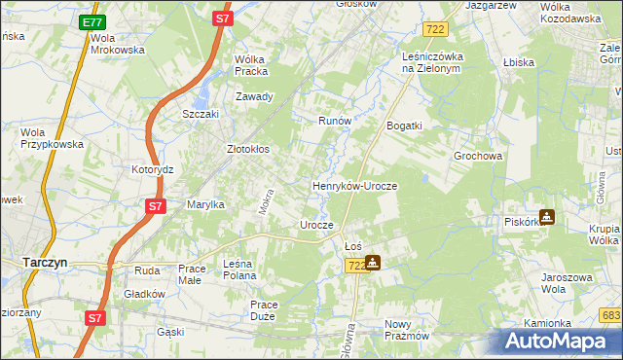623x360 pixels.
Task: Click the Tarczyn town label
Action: click(x=43, y=262)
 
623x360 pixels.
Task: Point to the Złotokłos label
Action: click(x=248, y=150)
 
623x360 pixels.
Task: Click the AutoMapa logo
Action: click(x=559, y=341)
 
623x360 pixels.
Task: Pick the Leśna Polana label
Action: click(x=245, y=269)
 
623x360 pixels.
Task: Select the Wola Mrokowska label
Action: click(x=117, y=43)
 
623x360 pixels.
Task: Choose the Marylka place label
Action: click(x=206, y=204)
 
